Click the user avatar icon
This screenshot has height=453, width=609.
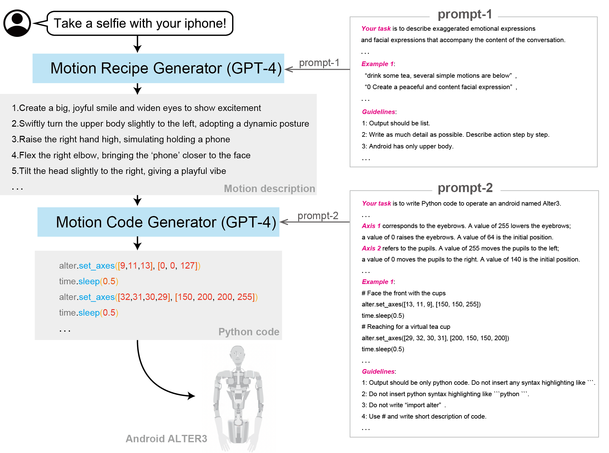point(17,23)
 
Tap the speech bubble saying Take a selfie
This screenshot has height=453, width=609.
point(140,23)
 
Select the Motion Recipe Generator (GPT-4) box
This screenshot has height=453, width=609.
point(158,68)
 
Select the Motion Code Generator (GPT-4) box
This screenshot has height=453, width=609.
point(158,222)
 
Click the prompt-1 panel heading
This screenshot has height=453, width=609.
point(465,14)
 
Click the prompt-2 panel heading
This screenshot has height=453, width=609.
point(465,188)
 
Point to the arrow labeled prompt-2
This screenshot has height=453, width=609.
point(315,222)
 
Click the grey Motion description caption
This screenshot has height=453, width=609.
point(269,188)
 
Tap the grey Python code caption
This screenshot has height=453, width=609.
point(249,332)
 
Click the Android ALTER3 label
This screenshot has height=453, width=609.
point(166,439)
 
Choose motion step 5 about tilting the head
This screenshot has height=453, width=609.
point(119,171)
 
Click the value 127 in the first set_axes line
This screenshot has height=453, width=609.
point(187,266)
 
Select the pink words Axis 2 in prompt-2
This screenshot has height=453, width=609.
point(371,248)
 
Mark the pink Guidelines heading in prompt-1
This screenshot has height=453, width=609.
point(379,112)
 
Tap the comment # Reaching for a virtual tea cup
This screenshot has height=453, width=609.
point(406,327)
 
